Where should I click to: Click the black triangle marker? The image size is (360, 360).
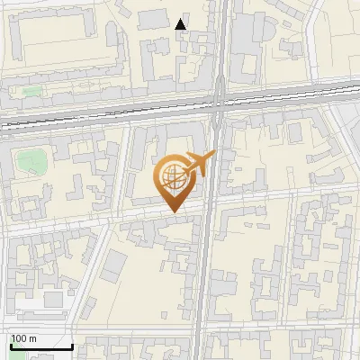181,24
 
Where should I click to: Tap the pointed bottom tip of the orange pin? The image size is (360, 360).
173,213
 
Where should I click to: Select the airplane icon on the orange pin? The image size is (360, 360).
199,165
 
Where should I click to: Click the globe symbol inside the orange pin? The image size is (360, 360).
173,178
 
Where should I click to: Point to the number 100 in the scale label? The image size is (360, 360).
20,338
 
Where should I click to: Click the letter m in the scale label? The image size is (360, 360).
32,338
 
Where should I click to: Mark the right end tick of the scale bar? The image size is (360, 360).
72,345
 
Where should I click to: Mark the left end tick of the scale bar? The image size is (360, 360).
11,345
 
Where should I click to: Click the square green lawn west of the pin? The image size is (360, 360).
31,162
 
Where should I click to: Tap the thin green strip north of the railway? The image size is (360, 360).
32,91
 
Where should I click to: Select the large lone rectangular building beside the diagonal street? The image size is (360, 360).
114,266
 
